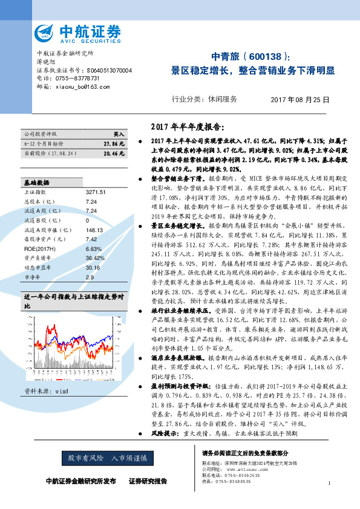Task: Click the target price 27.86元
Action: [114, 144]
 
